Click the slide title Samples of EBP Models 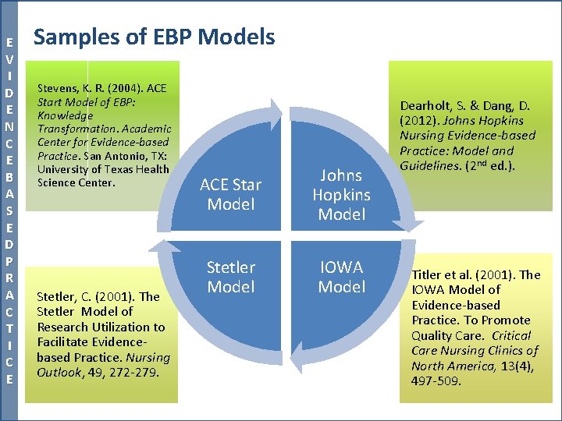(x=155, y=37)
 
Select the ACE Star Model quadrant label (x=231, y=195)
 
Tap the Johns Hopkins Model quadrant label (x=342, y=195)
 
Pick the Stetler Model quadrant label (x=231, y=277)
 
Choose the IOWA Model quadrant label (x=342, y=277)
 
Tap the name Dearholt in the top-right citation (x=426, y=106)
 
